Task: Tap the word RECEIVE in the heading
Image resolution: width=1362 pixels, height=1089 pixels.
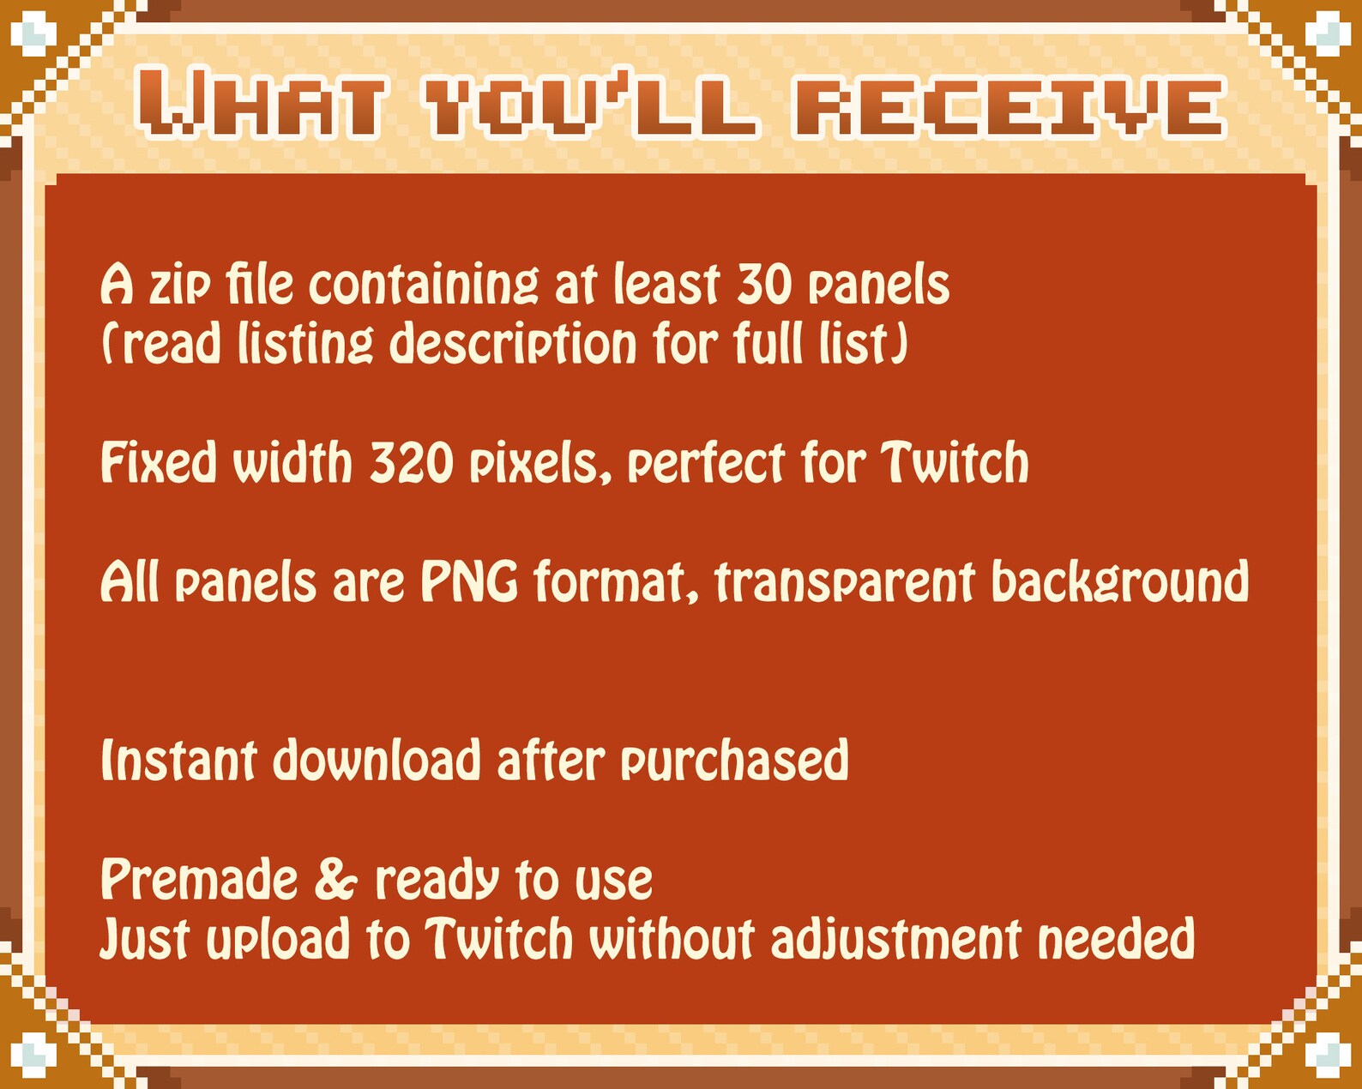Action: pyautogui.click(x=1009, y=106)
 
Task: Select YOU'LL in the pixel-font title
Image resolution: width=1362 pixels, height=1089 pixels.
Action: pyautogui.click(x=591, y=106)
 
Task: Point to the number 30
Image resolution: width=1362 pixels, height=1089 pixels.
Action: pyautogui.click(x=764, y=286)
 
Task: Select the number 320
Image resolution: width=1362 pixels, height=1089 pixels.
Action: pyautogui.click(x=412, y=463)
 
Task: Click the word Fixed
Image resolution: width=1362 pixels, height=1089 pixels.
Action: pyautogui.click(x=159, y=463)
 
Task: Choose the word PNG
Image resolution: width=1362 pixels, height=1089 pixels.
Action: pyautogui.click(x=469, y=582)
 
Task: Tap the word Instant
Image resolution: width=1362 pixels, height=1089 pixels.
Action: pyautogui.click(x=178, y=761)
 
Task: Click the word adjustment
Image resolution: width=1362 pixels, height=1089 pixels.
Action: pyautogui.click(x=895, y=940)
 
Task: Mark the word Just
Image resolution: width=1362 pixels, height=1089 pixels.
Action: pyautogui.click(x=143, y=940)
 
